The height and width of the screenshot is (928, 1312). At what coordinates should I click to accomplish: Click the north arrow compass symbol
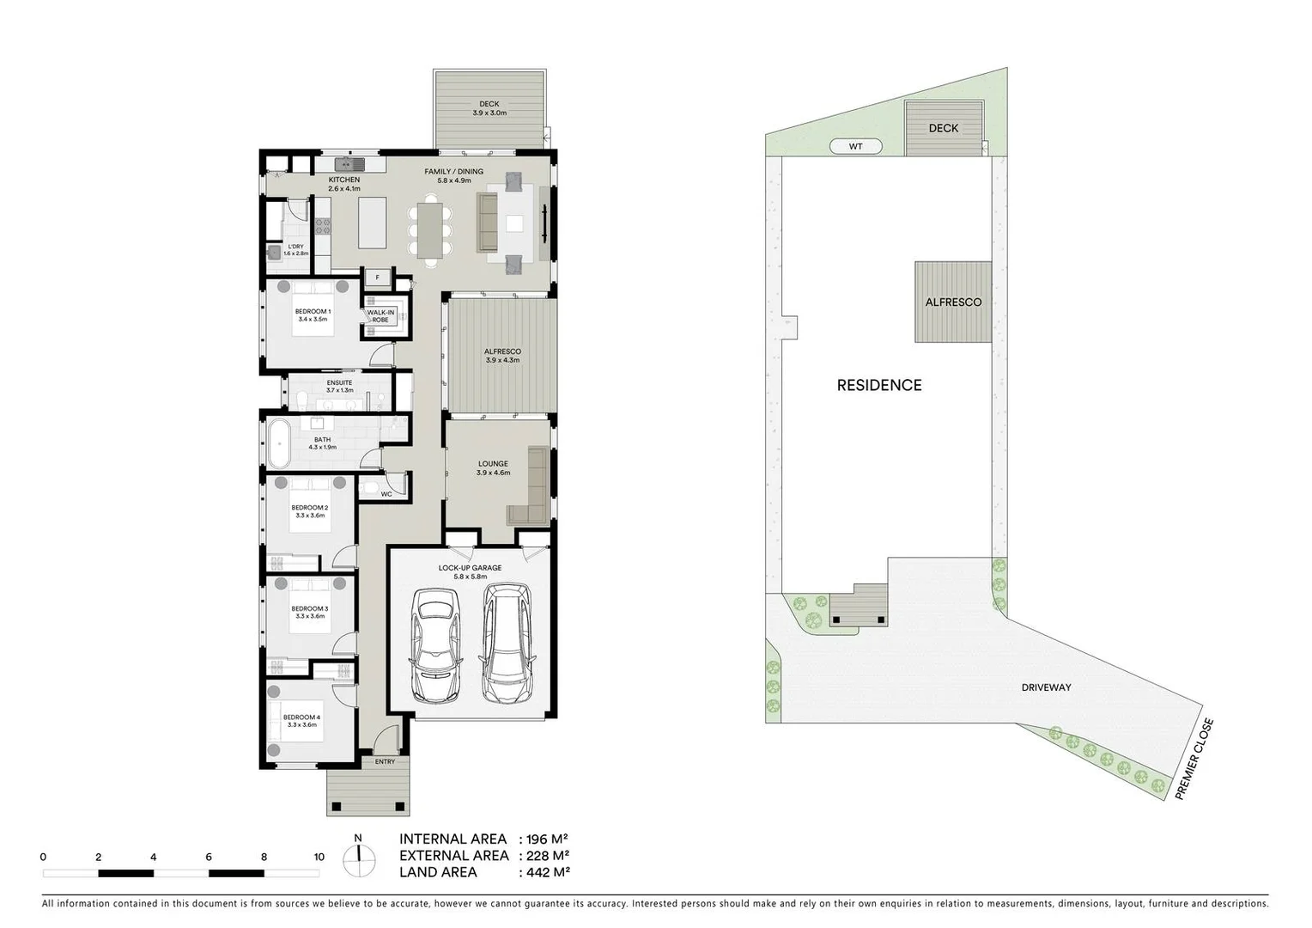[x=358, y=857]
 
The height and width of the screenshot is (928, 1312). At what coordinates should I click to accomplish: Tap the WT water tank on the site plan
[x=855, y=147]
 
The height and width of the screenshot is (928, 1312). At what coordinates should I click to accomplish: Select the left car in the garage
[x=435, y=644]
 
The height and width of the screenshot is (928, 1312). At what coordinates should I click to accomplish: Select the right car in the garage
[x=506, y=642]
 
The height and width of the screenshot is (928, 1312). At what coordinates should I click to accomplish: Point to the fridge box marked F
[x=377, y=277]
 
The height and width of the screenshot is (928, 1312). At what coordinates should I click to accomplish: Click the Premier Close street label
[x=1194, y=760]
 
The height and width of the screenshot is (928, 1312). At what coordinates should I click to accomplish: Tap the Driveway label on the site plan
[x=1046, y=687]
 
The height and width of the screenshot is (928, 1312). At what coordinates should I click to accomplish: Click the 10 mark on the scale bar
[x=319, y=857]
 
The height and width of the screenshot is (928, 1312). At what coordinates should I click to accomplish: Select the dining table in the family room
[x=428, y=228]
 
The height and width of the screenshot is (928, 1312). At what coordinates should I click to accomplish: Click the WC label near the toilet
[x=386, y=494]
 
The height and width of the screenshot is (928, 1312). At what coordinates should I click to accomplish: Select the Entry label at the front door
[x=386, y=761]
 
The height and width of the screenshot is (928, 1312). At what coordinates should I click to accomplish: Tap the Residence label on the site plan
[x=879, y=386]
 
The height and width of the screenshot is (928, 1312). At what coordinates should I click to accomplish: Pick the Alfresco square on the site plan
[x=953, y=302]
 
